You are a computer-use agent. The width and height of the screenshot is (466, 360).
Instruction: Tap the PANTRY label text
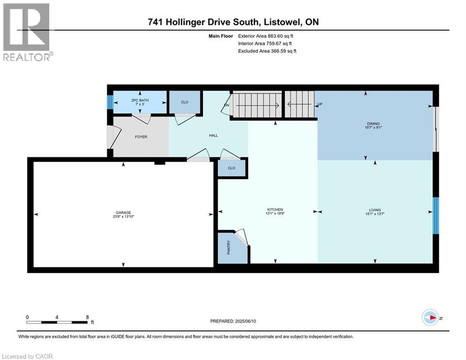[229, 247]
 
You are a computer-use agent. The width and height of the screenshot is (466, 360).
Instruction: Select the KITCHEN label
[275, 210]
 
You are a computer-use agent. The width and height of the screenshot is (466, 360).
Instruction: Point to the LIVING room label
[374, 210]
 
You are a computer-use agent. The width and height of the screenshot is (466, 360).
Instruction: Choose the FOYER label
[141, 137]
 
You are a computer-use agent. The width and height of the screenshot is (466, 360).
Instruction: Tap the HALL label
[213, 135]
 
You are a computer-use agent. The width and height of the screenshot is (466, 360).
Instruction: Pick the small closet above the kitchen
[231, 168]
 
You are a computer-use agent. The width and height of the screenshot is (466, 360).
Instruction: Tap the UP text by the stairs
[320, 104]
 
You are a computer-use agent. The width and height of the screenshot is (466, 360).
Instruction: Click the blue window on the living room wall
[436, 215]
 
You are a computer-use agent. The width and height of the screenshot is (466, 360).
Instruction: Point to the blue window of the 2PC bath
[110, 102]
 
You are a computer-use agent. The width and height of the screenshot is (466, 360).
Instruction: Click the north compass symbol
[430, 318]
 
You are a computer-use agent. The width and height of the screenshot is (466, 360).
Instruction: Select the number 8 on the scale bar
[87, 317]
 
